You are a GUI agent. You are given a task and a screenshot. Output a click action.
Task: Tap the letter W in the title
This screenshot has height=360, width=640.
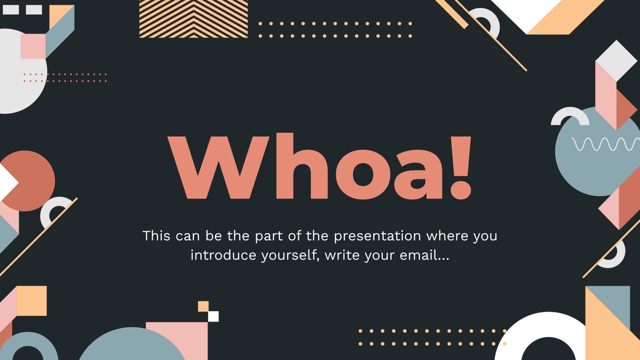click(218, 168)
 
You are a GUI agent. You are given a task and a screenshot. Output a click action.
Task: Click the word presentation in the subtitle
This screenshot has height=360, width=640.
click(378, 236)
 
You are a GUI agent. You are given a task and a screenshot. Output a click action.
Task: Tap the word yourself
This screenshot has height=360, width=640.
click(290, 256)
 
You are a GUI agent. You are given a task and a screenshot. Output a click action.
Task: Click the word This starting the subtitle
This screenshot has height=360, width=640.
click(156, 236)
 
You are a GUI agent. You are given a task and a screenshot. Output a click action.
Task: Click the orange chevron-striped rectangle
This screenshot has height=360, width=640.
click(194, 18)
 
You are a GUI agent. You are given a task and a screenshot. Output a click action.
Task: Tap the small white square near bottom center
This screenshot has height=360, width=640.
click(213, 316)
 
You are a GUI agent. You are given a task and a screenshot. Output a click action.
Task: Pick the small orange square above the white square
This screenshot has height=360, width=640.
click(203, 306)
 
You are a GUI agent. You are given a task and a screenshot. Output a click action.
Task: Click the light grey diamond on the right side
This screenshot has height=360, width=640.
click(616, 60)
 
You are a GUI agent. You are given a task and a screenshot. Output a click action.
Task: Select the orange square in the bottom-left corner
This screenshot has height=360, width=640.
click(32, 301)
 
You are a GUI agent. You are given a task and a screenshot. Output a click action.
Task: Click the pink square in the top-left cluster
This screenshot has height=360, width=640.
click(33, 46)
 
